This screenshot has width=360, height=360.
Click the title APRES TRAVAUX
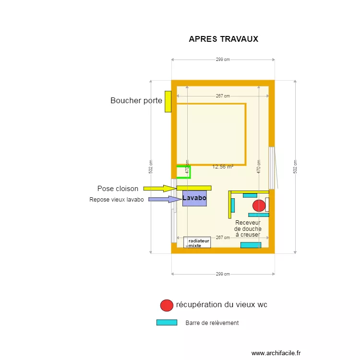[223, 39]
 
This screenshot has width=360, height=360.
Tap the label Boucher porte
[136, 101]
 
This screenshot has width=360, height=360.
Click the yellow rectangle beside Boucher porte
[168, 101]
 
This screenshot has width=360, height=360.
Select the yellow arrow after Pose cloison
[160, 189]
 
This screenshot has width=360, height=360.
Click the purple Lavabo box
[194, 198]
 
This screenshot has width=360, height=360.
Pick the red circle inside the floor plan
[259, 205]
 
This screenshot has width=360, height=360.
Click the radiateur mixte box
[197, 242]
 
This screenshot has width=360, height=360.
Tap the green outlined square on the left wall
[183, 171]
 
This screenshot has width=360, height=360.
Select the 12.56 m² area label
[223, 167]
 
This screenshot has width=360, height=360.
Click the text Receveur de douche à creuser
[248, 228]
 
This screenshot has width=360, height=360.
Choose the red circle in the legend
[167, 305]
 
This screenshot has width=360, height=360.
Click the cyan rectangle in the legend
[167, 323]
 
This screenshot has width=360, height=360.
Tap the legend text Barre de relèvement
[212, 323]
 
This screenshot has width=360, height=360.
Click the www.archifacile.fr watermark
[276, 353]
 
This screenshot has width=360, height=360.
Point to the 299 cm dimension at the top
[223, 60]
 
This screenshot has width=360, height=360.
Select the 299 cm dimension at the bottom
[223, 274]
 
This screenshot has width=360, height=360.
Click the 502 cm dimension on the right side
[295, 166]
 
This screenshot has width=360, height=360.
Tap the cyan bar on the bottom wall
[251, 245]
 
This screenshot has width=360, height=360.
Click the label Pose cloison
[118, 189]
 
